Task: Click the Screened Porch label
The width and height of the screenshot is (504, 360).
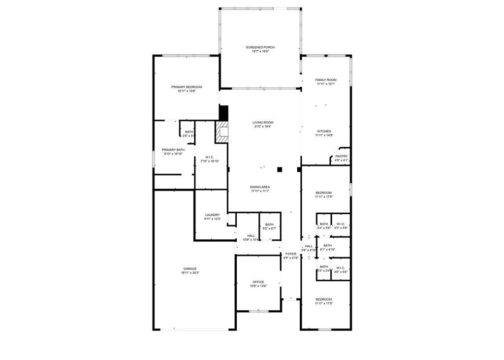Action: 260,47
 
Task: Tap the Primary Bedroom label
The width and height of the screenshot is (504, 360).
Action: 187,87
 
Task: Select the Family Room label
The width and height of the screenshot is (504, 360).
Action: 326,80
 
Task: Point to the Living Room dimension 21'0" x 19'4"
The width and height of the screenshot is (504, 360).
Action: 263,127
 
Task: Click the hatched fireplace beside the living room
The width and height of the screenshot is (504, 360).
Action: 222,132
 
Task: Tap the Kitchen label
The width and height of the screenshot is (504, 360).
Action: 324,131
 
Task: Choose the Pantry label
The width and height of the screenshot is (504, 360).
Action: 341,156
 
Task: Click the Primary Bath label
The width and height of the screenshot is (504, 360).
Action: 173,150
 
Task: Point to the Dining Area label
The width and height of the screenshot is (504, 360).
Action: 260,187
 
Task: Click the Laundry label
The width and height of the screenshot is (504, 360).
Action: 213,215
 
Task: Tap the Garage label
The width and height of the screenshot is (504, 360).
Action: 190,269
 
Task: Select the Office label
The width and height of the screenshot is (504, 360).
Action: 258,282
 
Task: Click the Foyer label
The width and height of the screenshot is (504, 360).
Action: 291,254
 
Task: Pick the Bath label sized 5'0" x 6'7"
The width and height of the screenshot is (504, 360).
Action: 269,225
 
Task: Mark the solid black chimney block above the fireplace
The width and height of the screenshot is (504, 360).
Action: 224,113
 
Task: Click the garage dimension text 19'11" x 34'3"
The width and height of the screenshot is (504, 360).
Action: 190,273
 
